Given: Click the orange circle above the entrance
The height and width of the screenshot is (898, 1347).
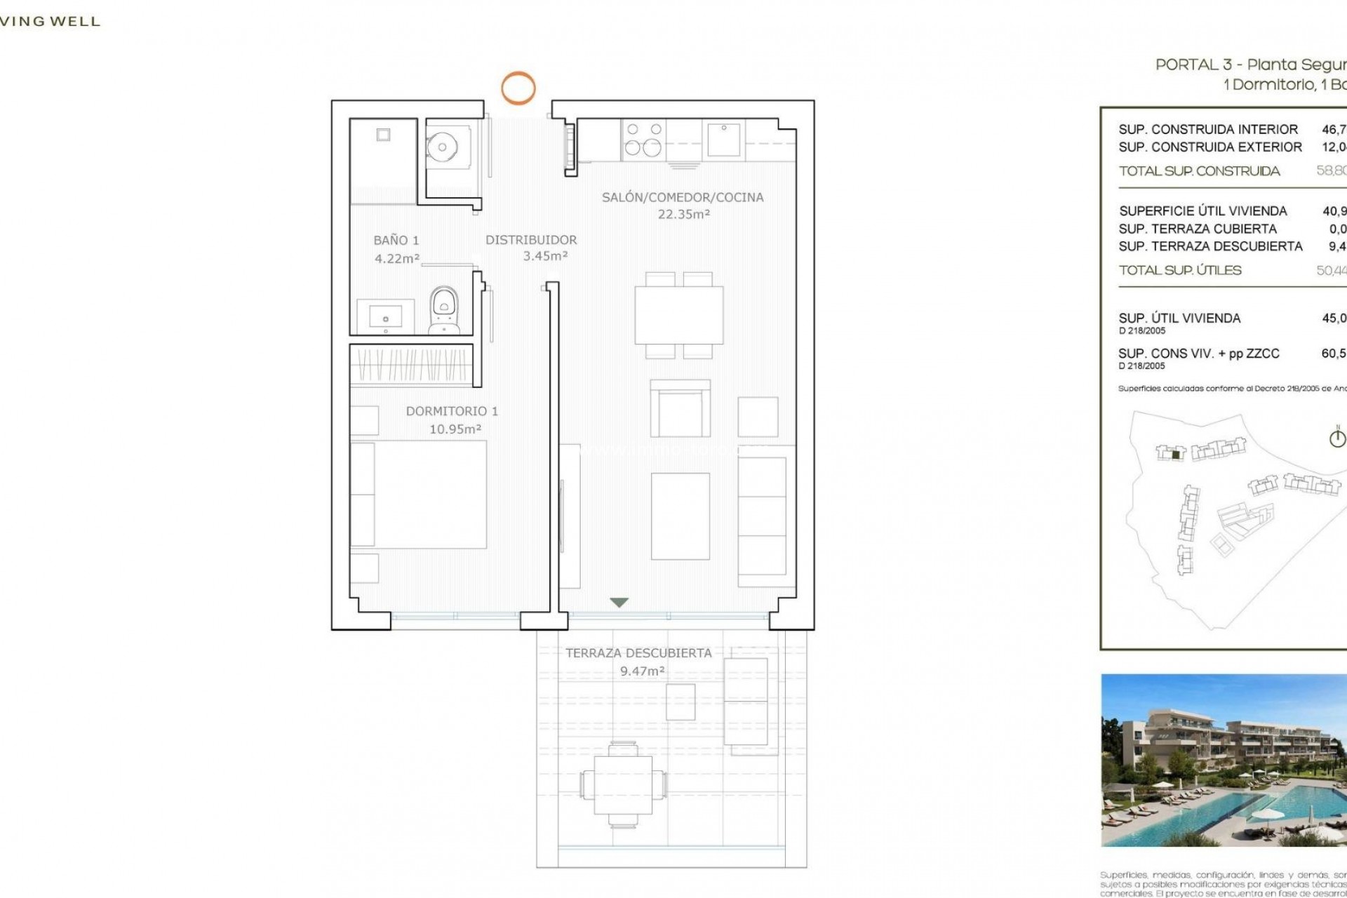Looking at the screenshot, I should pyautogui.click(x=518, y=88).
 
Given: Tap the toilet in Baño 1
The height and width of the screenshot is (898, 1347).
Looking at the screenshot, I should pyautogui.click(x=443, y=309).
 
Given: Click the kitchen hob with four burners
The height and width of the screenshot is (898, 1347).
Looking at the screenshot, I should pyautogui.click(x=643, y=139).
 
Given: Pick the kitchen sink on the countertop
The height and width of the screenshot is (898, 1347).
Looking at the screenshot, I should pyautogui.click(x=723, y=140).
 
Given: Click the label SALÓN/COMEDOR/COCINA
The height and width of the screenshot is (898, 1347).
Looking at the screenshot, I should pyautogui.click(x=682, y=197).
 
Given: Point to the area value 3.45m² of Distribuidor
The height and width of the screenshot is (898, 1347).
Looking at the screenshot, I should pyautogui.click(x=545, y=257).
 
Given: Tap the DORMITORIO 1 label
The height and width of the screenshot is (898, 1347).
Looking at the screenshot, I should pyautogui.click(x=452, y=411).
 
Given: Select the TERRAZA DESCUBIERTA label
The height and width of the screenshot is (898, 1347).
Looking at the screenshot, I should pyautogui.click(x=638, y=653).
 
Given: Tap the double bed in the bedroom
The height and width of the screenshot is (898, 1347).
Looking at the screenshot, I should pyautogui.click(x=421, y=494).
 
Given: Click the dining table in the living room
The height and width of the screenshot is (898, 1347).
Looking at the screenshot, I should pyautogui.click(x=678, y=315).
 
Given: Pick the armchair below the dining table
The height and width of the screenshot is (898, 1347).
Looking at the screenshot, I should pyautogui.click(x=680, y=410).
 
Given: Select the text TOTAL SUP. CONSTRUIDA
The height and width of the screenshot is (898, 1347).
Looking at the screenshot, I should pyautogui.click(x=1199, y=171).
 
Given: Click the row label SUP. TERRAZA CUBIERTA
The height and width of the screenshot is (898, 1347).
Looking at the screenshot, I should pyautogui.click(x=1198, y=229).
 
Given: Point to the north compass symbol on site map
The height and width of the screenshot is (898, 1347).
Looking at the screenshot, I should pyautogui.click(x=1337, y=438).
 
